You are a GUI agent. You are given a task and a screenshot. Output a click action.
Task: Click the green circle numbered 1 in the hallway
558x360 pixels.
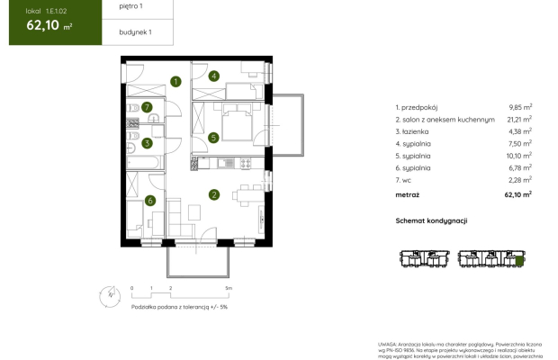click(176, 82)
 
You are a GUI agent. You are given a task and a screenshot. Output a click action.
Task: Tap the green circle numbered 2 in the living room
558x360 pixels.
click(213, 193)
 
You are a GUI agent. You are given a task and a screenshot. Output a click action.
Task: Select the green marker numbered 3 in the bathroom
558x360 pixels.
click(147, 142)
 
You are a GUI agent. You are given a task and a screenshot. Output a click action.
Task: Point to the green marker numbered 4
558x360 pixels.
click(214, 76)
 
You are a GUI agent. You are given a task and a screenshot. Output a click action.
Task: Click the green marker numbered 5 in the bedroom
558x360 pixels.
click(213, 138)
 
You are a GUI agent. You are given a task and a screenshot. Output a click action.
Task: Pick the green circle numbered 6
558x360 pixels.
click(150, 201)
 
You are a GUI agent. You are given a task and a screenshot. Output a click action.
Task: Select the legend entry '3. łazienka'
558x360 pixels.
click(417, 130)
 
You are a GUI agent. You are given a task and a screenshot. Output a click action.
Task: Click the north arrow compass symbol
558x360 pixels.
click(107, 294)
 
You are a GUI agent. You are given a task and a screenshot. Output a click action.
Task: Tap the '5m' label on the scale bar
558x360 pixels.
click(229, 288)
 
